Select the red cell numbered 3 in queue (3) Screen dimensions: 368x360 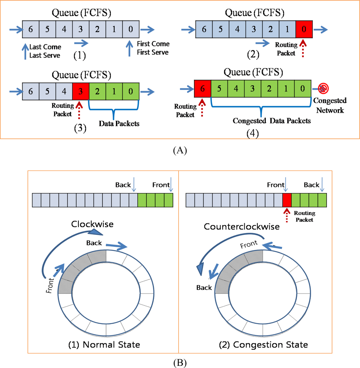click(81, 91)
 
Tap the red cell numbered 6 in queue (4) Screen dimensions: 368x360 click(202, 88)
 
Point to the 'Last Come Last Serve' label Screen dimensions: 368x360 click(45, 51)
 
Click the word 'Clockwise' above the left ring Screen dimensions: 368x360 click(92, 224)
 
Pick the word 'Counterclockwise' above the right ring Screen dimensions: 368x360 click(242, 226)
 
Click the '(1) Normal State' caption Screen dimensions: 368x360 click(104, 344)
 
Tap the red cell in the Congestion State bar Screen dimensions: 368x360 click(287, 200)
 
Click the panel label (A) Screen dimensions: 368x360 click(180, 150)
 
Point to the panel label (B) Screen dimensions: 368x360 click(180, 362)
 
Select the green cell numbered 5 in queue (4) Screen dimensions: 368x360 click(219, 88)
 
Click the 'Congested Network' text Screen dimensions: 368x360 click(330, 105)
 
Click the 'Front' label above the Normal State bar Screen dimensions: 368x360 click(161, 185)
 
